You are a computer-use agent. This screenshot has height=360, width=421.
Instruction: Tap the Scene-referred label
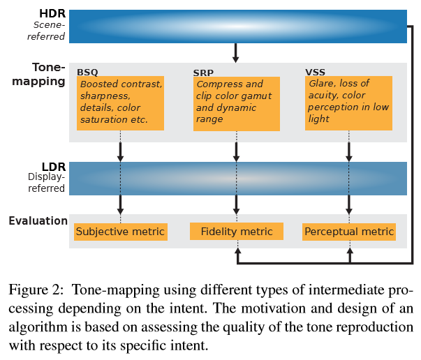tap(48, 31)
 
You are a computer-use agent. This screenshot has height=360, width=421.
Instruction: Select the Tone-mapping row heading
tap(48, 74)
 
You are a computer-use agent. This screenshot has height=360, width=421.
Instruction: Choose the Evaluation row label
tap(38, 221)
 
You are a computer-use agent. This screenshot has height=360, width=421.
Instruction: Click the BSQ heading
tap(87, 72)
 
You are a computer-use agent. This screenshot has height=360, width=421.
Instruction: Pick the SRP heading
tap(203, 72)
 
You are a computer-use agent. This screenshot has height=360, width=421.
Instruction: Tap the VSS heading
tap(316, 72)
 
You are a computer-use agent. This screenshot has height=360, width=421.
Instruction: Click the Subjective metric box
tap(120, 232)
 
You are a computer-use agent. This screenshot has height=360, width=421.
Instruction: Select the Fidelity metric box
tap(236, 232)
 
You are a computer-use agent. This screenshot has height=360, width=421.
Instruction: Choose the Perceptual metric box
tap(349, 232)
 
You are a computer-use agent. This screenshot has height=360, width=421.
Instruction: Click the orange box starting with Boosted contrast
tap(120, 103)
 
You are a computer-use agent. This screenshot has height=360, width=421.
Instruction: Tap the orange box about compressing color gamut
tap(235, 103)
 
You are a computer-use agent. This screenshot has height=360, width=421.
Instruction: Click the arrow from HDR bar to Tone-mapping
tap(236, 52)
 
